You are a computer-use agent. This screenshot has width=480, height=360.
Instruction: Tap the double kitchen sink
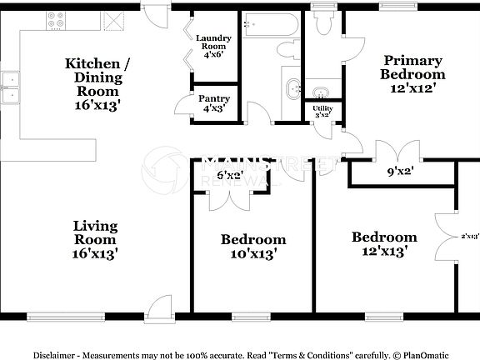11,88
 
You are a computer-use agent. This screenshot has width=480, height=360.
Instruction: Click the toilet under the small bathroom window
323,25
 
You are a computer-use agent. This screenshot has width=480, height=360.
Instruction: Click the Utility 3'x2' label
322,112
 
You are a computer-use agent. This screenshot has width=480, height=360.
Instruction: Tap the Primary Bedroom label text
412,67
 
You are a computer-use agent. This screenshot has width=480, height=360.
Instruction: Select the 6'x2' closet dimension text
229,175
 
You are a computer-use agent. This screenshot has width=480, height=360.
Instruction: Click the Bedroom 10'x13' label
253,246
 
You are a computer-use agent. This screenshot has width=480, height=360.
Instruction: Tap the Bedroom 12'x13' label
383,243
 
